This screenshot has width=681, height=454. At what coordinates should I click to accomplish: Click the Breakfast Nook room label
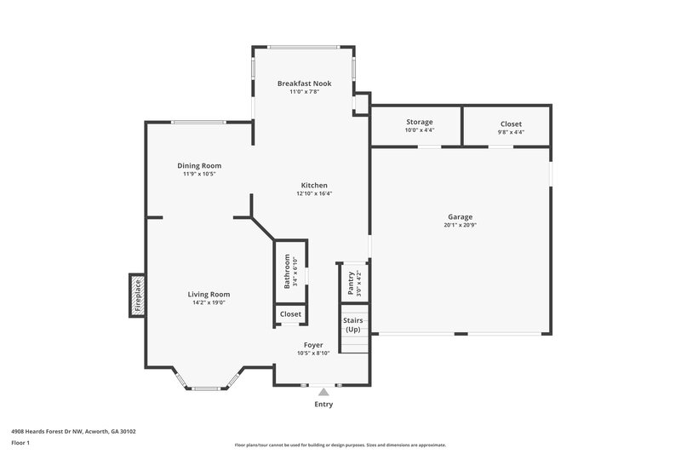[x=304, y=83]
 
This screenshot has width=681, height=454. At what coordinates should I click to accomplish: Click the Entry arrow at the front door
[x=323, y=392]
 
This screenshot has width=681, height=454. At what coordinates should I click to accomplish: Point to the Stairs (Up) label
[x=352, y=325]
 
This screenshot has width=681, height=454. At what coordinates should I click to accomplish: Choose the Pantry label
[x=350, y=281]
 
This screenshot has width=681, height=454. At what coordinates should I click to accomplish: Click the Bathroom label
[x=287, y=271]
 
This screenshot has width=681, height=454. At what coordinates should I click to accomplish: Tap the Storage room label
[x=419, y=123]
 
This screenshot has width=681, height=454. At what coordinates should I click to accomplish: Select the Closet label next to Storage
[x=511, y=124]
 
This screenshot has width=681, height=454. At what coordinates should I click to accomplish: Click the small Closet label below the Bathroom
[x=290, y=314]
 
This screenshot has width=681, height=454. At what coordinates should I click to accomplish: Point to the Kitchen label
[x=314, y=185]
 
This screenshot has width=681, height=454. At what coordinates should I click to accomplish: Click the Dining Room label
[x=199, y=165]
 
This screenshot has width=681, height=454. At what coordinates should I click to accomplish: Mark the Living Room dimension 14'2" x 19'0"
[x=209, y=303]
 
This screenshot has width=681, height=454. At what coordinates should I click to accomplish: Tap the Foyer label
[x=313, y=345]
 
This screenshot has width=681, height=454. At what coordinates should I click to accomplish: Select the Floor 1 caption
[x=20, y=443]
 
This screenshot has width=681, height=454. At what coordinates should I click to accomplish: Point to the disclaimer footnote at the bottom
[x=340, y=445]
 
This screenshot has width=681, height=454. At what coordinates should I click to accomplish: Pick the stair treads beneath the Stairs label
[x=352, y=343]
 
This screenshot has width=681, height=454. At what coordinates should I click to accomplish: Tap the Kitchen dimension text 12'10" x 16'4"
[x=314, y=193]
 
